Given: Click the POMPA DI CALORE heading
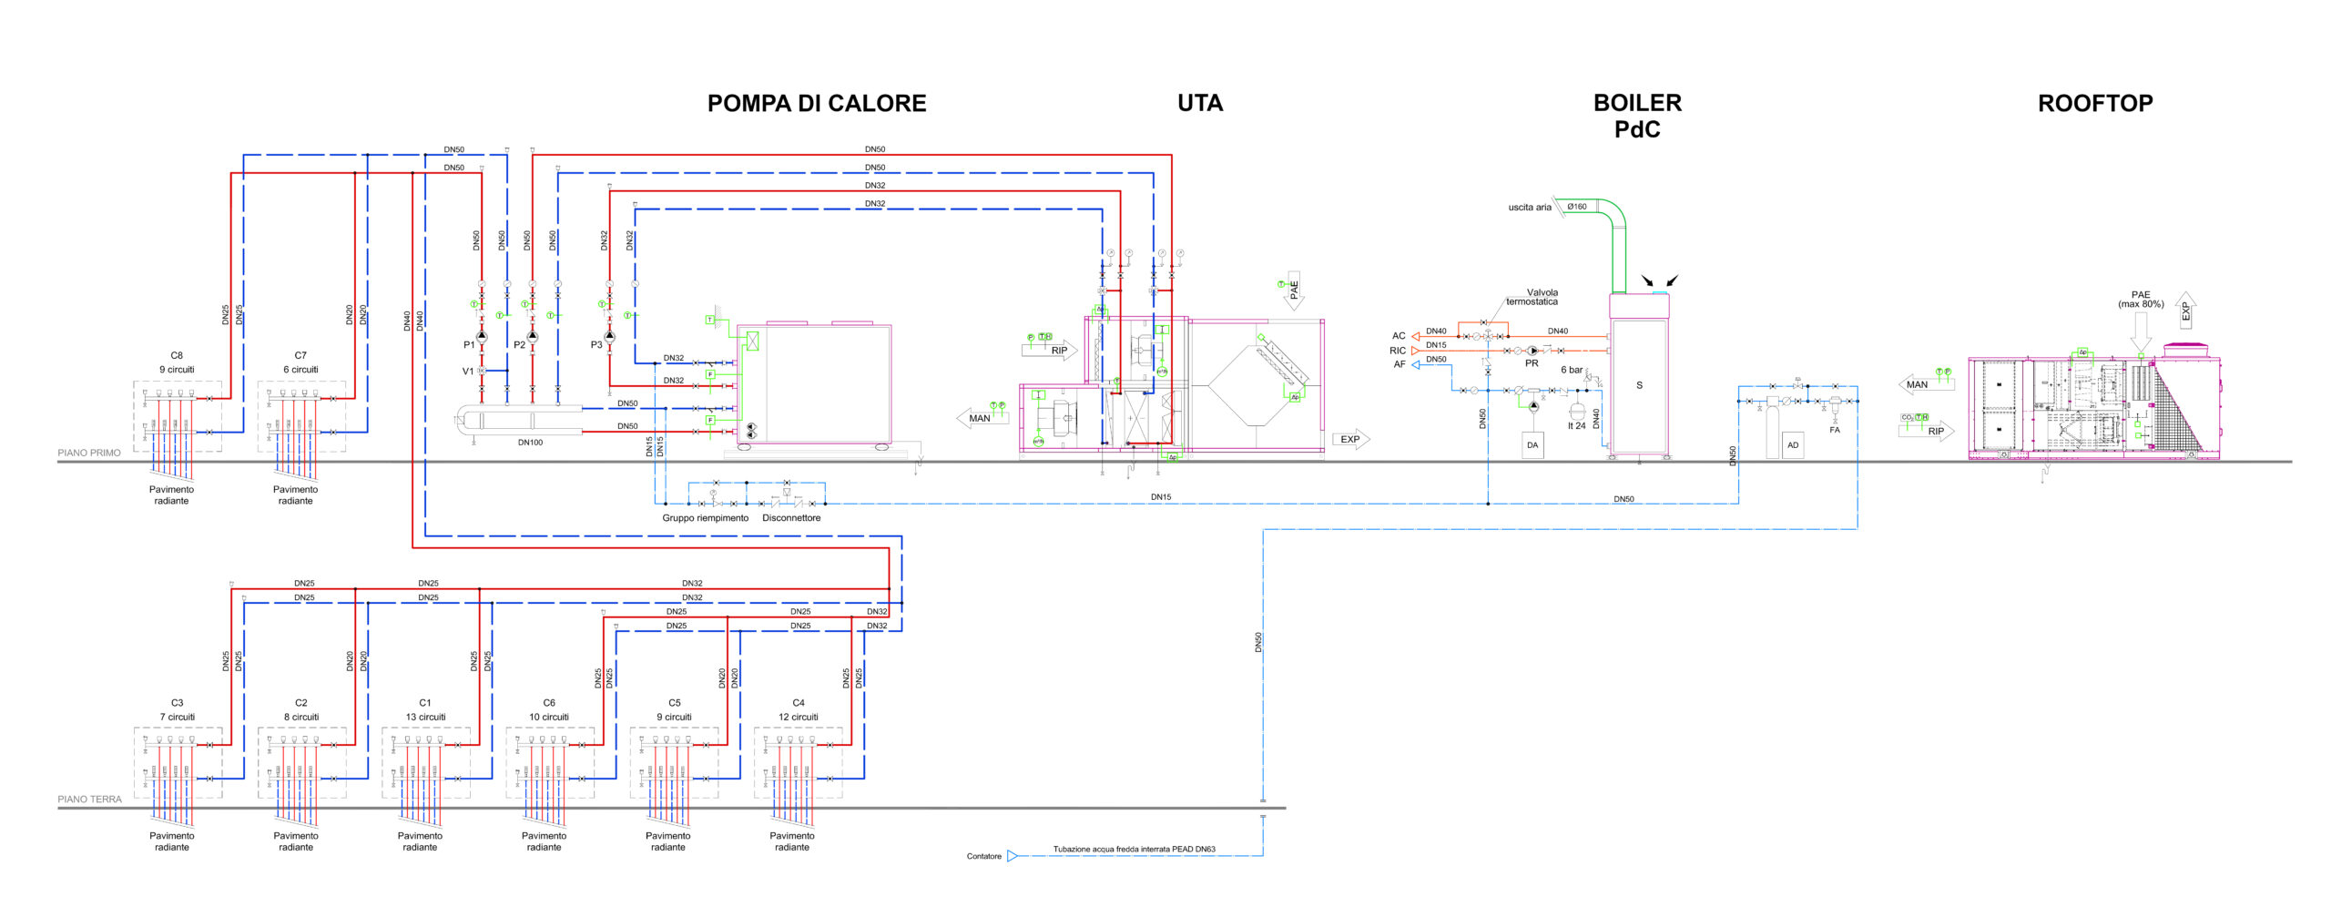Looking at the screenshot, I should tap(817, 104).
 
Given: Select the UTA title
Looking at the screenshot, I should tap(1200, 104).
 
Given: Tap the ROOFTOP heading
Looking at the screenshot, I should tap(2095, 104).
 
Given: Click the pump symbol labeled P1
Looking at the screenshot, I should tap(482, 337).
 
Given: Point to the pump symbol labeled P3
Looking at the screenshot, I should tap(609, 337).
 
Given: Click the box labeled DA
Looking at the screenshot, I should tap(1532, 445).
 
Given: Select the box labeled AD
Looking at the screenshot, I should tap(1793, 445).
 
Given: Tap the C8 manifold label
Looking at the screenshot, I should tap(177, 356).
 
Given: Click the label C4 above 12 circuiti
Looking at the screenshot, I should tap(799, 703).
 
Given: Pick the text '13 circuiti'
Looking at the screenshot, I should tap(425, 718).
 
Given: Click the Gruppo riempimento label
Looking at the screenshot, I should tap(705, 518).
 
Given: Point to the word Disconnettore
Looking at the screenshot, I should tap(791, 518).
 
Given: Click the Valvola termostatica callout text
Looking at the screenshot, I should tap(1533, 297).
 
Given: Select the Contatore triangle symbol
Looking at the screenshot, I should tap(1012, 856).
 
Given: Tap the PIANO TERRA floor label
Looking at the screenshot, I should tap(89, 800).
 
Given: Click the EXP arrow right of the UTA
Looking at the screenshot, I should tap(1351, 440).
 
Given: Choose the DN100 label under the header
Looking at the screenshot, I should tap(530, 443).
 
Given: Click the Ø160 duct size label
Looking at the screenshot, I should tap(1577, 207).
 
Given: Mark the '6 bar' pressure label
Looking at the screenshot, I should tap(1572, 370).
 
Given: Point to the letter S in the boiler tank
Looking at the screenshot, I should tap(1639, 385).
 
